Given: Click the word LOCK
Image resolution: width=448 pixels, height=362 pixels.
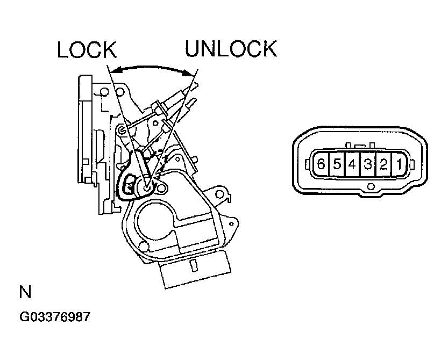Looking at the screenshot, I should pyautogui.click(x=87, y=49).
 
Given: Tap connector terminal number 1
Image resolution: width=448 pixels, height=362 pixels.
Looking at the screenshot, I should pyautogui.click(x=399, y=164).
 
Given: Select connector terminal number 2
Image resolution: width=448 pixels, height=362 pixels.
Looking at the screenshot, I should pyautogui.click(x=383, y=164).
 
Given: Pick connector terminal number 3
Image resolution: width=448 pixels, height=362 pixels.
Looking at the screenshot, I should pyautogui.click(x=367, y=164).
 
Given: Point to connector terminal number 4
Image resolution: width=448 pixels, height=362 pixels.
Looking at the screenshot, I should pyautogui.click(x=352, y=164).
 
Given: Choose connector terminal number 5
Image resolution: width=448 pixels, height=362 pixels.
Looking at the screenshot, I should pyautogui.click(x=337, y=164).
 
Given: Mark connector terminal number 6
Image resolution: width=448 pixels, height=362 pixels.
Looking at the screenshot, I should pyautogui.click(x=321, y=164).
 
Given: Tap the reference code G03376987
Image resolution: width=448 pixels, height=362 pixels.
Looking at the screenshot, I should pyautogui.click(x=54, y=316).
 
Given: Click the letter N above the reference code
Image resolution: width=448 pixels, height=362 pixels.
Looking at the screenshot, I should pyautogui.click(x=25, y=293).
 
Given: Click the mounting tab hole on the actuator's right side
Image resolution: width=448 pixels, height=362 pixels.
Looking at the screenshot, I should pyautogui.click(x=219, y=191).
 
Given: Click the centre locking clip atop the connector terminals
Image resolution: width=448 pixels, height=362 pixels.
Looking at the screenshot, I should pyautogui.click(x=359, y=145).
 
